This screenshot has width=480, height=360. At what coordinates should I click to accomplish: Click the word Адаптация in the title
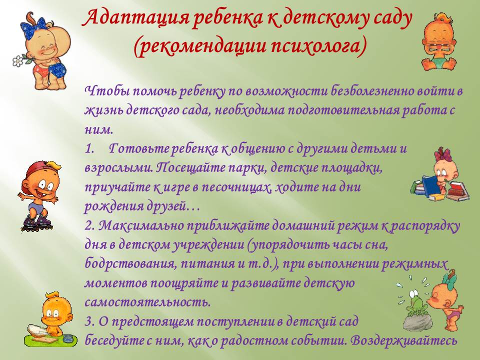point(136,18)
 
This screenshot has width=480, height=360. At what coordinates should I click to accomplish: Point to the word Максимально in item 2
point(141,226)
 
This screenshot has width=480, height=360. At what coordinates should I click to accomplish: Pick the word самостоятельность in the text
point(147,302)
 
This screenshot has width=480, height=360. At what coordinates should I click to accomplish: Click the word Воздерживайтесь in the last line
point(404,340)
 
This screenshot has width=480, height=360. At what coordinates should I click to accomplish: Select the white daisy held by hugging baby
point(19,60)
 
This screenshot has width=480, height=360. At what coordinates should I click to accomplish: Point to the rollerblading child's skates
point(36,222)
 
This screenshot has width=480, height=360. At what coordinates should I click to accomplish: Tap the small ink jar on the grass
point(67,338)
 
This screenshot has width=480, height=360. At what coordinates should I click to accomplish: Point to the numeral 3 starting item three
point(88,321)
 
